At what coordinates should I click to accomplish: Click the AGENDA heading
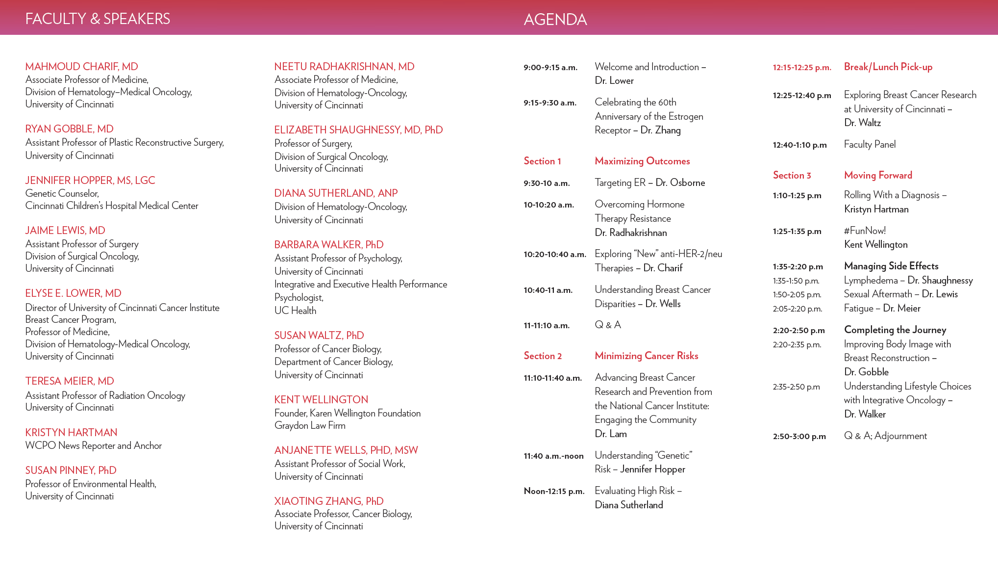555,20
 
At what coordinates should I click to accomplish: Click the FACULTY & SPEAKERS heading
98,19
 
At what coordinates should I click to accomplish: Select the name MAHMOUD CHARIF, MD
81,67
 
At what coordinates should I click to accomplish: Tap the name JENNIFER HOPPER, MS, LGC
90,181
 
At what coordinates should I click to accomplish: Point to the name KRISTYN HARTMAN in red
71,433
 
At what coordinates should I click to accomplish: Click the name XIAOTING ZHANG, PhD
328,501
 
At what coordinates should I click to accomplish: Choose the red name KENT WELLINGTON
321,400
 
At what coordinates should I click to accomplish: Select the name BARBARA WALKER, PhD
328,245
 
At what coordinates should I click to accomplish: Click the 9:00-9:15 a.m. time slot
550,68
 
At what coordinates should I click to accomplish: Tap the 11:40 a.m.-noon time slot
553,456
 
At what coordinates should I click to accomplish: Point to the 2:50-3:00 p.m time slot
799,437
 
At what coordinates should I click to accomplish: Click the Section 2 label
543,356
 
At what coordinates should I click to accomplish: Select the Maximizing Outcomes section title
642,161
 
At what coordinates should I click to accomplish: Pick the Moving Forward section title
878,176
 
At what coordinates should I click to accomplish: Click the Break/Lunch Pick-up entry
888,67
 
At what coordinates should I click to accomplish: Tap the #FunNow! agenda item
865,231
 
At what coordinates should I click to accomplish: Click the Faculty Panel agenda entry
870,145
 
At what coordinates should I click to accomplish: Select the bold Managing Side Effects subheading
891,266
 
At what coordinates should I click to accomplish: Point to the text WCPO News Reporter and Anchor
93,446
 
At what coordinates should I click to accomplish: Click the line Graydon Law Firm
310,426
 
